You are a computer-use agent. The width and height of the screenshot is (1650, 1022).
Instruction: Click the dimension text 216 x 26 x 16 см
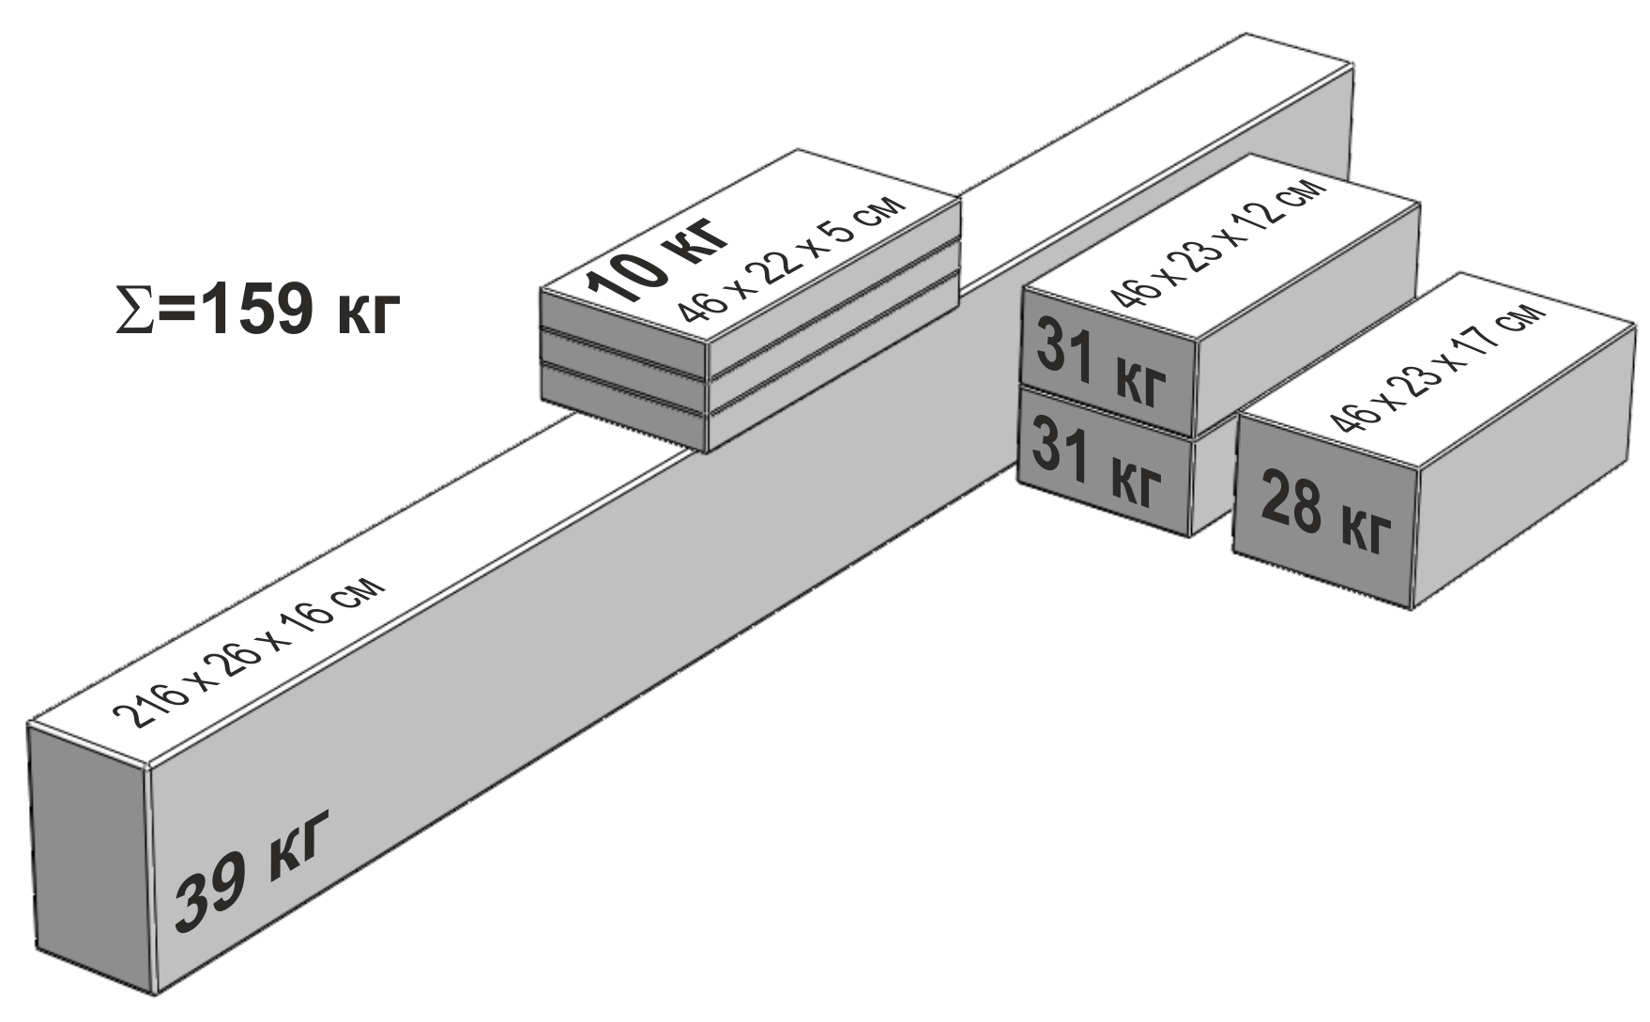pyautogui.click(x=249, y=654)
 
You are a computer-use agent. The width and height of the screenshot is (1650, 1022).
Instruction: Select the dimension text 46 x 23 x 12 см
pyautogui.click(x=1218, y=242)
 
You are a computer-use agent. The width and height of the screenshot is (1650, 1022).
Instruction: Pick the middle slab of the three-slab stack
pyautogui.click(x=751, y=362)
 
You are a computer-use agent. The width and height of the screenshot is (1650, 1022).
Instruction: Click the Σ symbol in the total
pyautogui.click(x=130, y=310)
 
